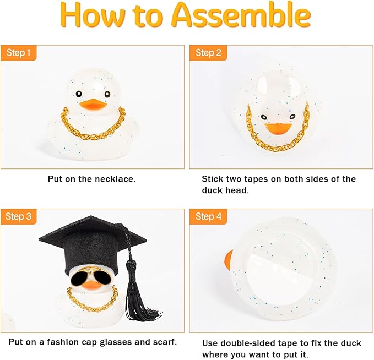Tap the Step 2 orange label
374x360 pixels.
click(208, 53)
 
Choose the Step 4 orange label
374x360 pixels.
click(208, 217)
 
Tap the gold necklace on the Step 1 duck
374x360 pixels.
click(92, 129)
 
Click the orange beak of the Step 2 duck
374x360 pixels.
click(278, 128)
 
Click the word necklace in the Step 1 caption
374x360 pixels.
click(116, 179)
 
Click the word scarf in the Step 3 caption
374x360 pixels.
click(164, 342)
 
